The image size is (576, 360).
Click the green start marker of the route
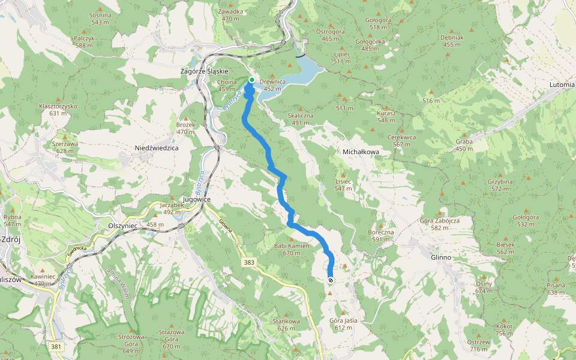(252, 80)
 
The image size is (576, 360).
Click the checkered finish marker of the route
(331, 280)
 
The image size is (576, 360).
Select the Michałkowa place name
(361, 152)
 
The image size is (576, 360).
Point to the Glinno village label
(440, 257)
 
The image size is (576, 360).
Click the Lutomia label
(562, 85)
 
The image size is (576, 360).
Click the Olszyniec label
(123, 224)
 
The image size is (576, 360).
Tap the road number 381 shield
(56, 347)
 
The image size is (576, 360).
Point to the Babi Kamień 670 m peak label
(291, 249)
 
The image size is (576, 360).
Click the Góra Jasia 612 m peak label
(343, 324)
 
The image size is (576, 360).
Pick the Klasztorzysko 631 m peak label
(58, 109)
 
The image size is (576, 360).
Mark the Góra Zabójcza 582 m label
(440, 224)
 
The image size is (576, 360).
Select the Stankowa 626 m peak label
(286, 325)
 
